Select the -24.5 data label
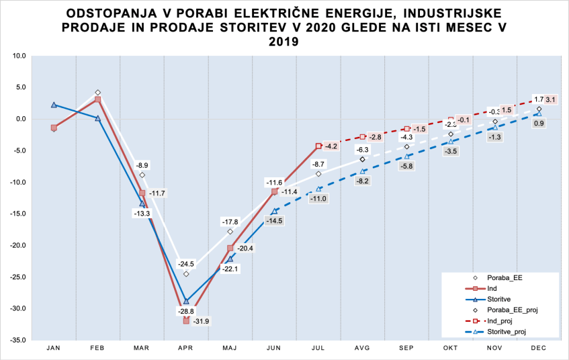point(186,263)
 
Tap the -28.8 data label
point(186,312)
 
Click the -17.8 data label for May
point(230,221)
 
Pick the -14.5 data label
point(274,220)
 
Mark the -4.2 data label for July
point(331,146)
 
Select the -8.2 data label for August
point(363,181)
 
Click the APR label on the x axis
point(186,348)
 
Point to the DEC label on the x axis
point(539,348)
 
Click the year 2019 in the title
point(284,42)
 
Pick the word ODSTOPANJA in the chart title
point(106,13)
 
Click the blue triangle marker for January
point(54,105)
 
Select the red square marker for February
point(98,99)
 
